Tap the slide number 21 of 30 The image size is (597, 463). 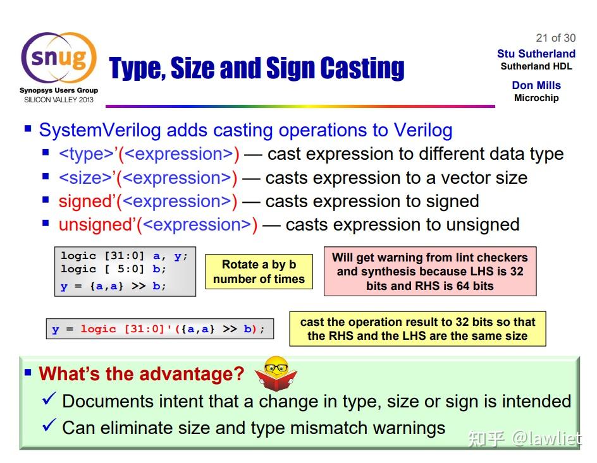[555, 38]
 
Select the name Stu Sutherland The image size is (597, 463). [536, 54]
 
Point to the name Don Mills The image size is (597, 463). [536, 85]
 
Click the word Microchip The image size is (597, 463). [536, 98]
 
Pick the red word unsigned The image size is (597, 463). [95, 225]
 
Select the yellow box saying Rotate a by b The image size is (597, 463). [259, 272]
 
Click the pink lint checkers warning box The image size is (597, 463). [430, 272]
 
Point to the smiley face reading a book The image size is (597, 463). [276, 373]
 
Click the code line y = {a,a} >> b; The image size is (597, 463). [113, 286]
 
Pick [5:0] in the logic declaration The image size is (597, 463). [125, 268]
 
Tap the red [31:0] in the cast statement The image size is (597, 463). [144, 328]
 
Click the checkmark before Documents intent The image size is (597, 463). [49, 399]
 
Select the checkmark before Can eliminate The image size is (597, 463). [49, 425]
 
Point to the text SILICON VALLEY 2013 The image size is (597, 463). [59, 100]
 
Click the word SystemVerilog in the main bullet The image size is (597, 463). [100, 130]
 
